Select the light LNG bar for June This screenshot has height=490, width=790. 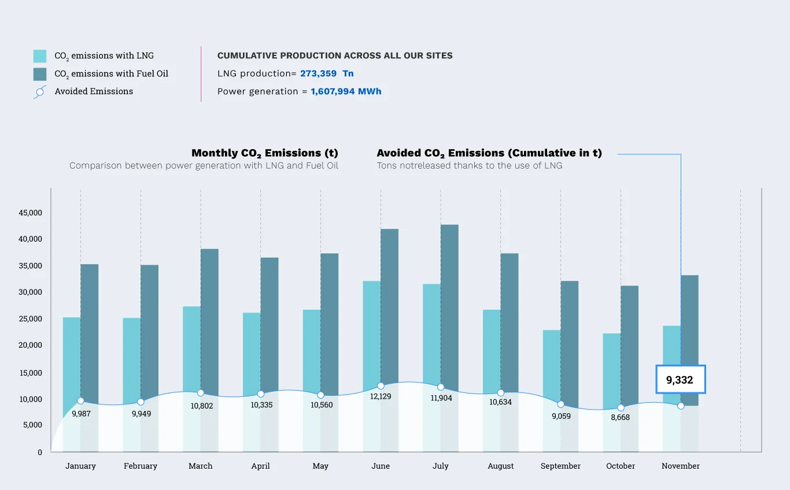click(371, 329)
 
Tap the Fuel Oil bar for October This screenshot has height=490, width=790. click(630, 341)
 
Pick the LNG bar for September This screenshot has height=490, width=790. click(551, 364)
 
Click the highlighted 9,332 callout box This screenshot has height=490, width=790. click(680, 380)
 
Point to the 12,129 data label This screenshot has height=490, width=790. click(381, 396)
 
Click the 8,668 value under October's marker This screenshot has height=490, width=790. click(620, 417)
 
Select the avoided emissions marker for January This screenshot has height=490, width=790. click(80, 401)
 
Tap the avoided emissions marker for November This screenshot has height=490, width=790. click(681, 406)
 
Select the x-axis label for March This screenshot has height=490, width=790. click(200, 466)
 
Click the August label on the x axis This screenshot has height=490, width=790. click(500, 466)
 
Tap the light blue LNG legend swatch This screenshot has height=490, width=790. click(40, 56)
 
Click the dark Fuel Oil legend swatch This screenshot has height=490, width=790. click(40, 74)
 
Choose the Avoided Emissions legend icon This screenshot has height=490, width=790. click(40, 92)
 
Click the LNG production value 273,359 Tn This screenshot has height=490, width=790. click(327, 73)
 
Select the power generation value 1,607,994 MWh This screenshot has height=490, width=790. click(346, 91)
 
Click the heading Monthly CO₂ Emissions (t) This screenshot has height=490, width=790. click(265, 153)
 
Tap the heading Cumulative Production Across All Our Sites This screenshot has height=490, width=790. click(335, 56)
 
